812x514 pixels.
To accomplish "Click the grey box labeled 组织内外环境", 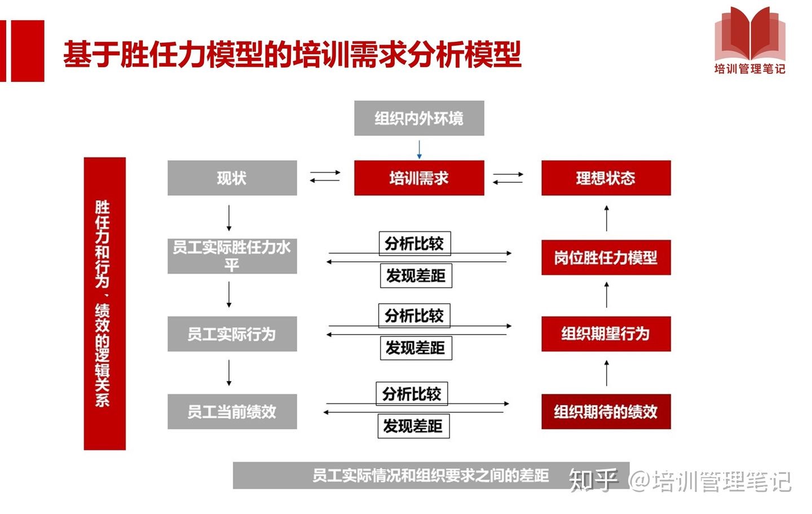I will coord(419,118).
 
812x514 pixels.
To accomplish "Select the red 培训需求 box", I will coord(419,178).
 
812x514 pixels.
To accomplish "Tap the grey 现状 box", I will coord(232,178).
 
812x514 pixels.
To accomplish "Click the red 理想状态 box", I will coord(606,178).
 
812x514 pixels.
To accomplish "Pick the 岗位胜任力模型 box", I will coord(606,258).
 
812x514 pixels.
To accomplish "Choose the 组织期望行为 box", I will coord(606,333).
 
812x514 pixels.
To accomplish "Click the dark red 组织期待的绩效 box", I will coord(606,411).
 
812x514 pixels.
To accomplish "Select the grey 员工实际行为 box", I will coord(232,334).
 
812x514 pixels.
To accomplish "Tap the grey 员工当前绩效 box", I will coord(232,411).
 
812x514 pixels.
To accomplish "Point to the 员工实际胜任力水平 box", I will coord(232,256).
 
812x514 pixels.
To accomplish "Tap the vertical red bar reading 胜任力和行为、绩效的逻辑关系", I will coord(104,304).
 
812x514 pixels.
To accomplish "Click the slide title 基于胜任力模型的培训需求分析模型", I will coord(292,54).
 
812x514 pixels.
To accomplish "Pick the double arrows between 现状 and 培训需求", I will coord(325,177).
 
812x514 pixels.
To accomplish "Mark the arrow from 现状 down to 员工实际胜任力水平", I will coord(229,218).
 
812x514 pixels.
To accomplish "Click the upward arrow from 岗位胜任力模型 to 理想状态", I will coord(607,218).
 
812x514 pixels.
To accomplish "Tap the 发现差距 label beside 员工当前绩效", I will coord(413,426).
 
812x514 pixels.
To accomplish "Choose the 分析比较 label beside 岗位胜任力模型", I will coord(414,244).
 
